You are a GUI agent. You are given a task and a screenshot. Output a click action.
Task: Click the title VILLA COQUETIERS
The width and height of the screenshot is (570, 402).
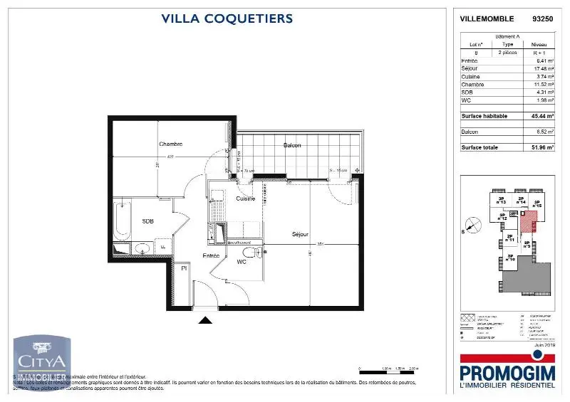pos(227,19)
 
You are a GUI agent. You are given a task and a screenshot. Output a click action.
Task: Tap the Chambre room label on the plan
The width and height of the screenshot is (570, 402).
pos(171,144)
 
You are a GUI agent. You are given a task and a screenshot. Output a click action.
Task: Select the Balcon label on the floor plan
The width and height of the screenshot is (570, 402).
pos(291,145)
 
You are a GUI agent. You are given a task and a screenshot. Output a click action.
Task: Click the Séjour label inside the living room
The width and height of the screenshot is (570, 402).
pos(300,234)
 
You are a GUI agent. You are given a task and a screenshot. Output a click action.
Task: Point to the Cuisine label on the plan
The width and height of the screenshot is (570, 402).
pos(245,199)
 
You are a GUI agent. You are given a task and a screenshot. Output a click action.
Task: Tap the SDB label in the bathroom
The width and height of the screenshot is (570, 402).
pos(147,221)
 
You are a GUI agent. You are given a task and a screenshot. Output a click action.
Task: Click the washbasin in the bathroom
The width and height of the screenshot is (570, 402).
pos(142,248)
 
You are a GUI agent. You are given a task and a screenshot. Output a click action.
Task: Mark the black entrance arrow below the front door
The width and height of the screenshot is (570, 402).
pos(205,320)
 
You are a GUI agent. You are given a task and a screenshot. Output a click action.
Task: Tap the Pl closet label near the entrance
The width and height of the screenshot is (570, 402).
pos(184,268)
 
